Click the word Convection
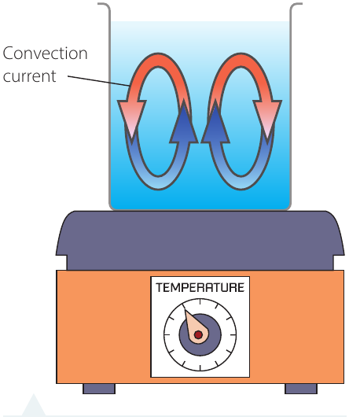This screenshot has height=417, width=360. click(45, 54)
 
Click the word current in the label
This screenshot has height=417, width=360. click(30, 76)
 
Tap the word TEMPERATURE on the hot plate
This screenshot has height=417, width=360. click(200, 287)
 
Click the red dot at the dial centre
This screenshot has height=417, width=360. click(198, 334)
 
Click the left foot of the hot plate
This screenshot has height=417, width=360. click(99, 389)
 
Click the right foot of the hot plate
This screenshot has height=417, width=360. click(301, 389)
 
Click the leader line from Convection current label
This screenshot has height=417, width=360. click(98, 81)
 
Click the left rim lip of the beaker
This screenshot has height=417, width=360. click(104, 5)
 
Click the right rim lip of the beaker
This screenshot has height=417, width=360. click(296, 5)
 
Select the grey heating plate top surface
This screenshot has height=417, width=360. click(200, 239)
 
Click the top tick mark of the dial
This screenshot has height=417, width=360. click(200, 302)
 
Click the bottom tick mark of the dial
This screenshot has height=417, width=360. click(200, 367)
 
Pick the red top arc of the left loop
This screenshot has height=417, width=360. click(158, 60)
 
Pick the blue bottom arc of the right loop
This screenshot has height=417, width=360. click(241, 183)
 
